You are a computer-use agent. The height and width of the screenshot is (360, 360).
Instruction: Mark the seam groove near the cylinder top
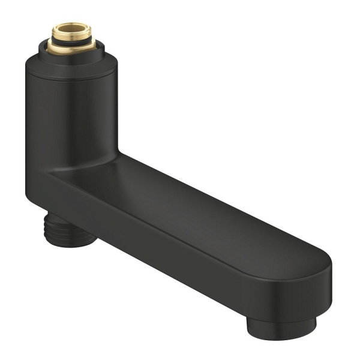click(71, 77)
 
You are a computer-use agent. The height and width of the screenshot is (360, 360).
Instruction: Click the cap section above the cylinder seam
click(71, 68)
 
